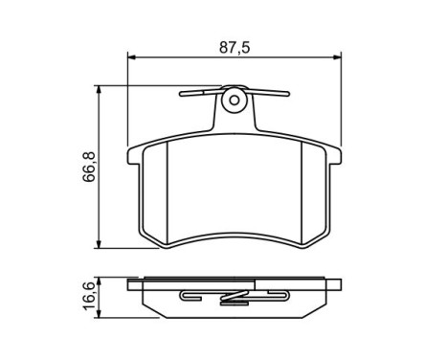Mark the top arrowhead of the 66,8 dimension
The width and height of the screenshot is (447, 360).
(101, 89)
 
